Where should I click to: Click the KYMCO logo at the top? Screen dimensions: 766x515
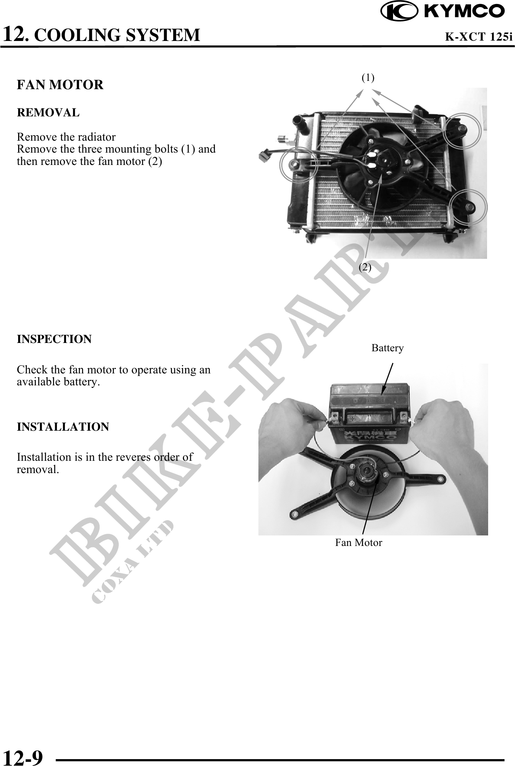pos(442,11)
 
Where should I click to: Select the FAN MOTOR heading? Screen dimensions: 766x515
pos(60,85)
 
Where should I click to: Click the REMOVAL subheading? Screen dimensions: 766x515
pos(48,113)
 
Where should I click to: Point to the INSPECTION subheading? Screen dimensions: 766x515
pos(54,339)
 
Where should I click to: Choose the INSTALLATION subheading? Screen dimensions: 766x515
pos(63,427)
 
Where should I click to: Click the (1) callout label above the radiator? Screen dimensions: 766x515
pos(368,77)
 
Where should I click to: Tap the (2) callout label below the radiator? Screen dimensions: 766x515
pos(365,267)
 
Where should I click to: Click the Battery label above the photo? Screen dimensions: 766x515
pos(387,348)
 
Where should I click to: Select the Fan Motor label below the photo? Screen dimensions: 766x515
pos(359,543)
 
